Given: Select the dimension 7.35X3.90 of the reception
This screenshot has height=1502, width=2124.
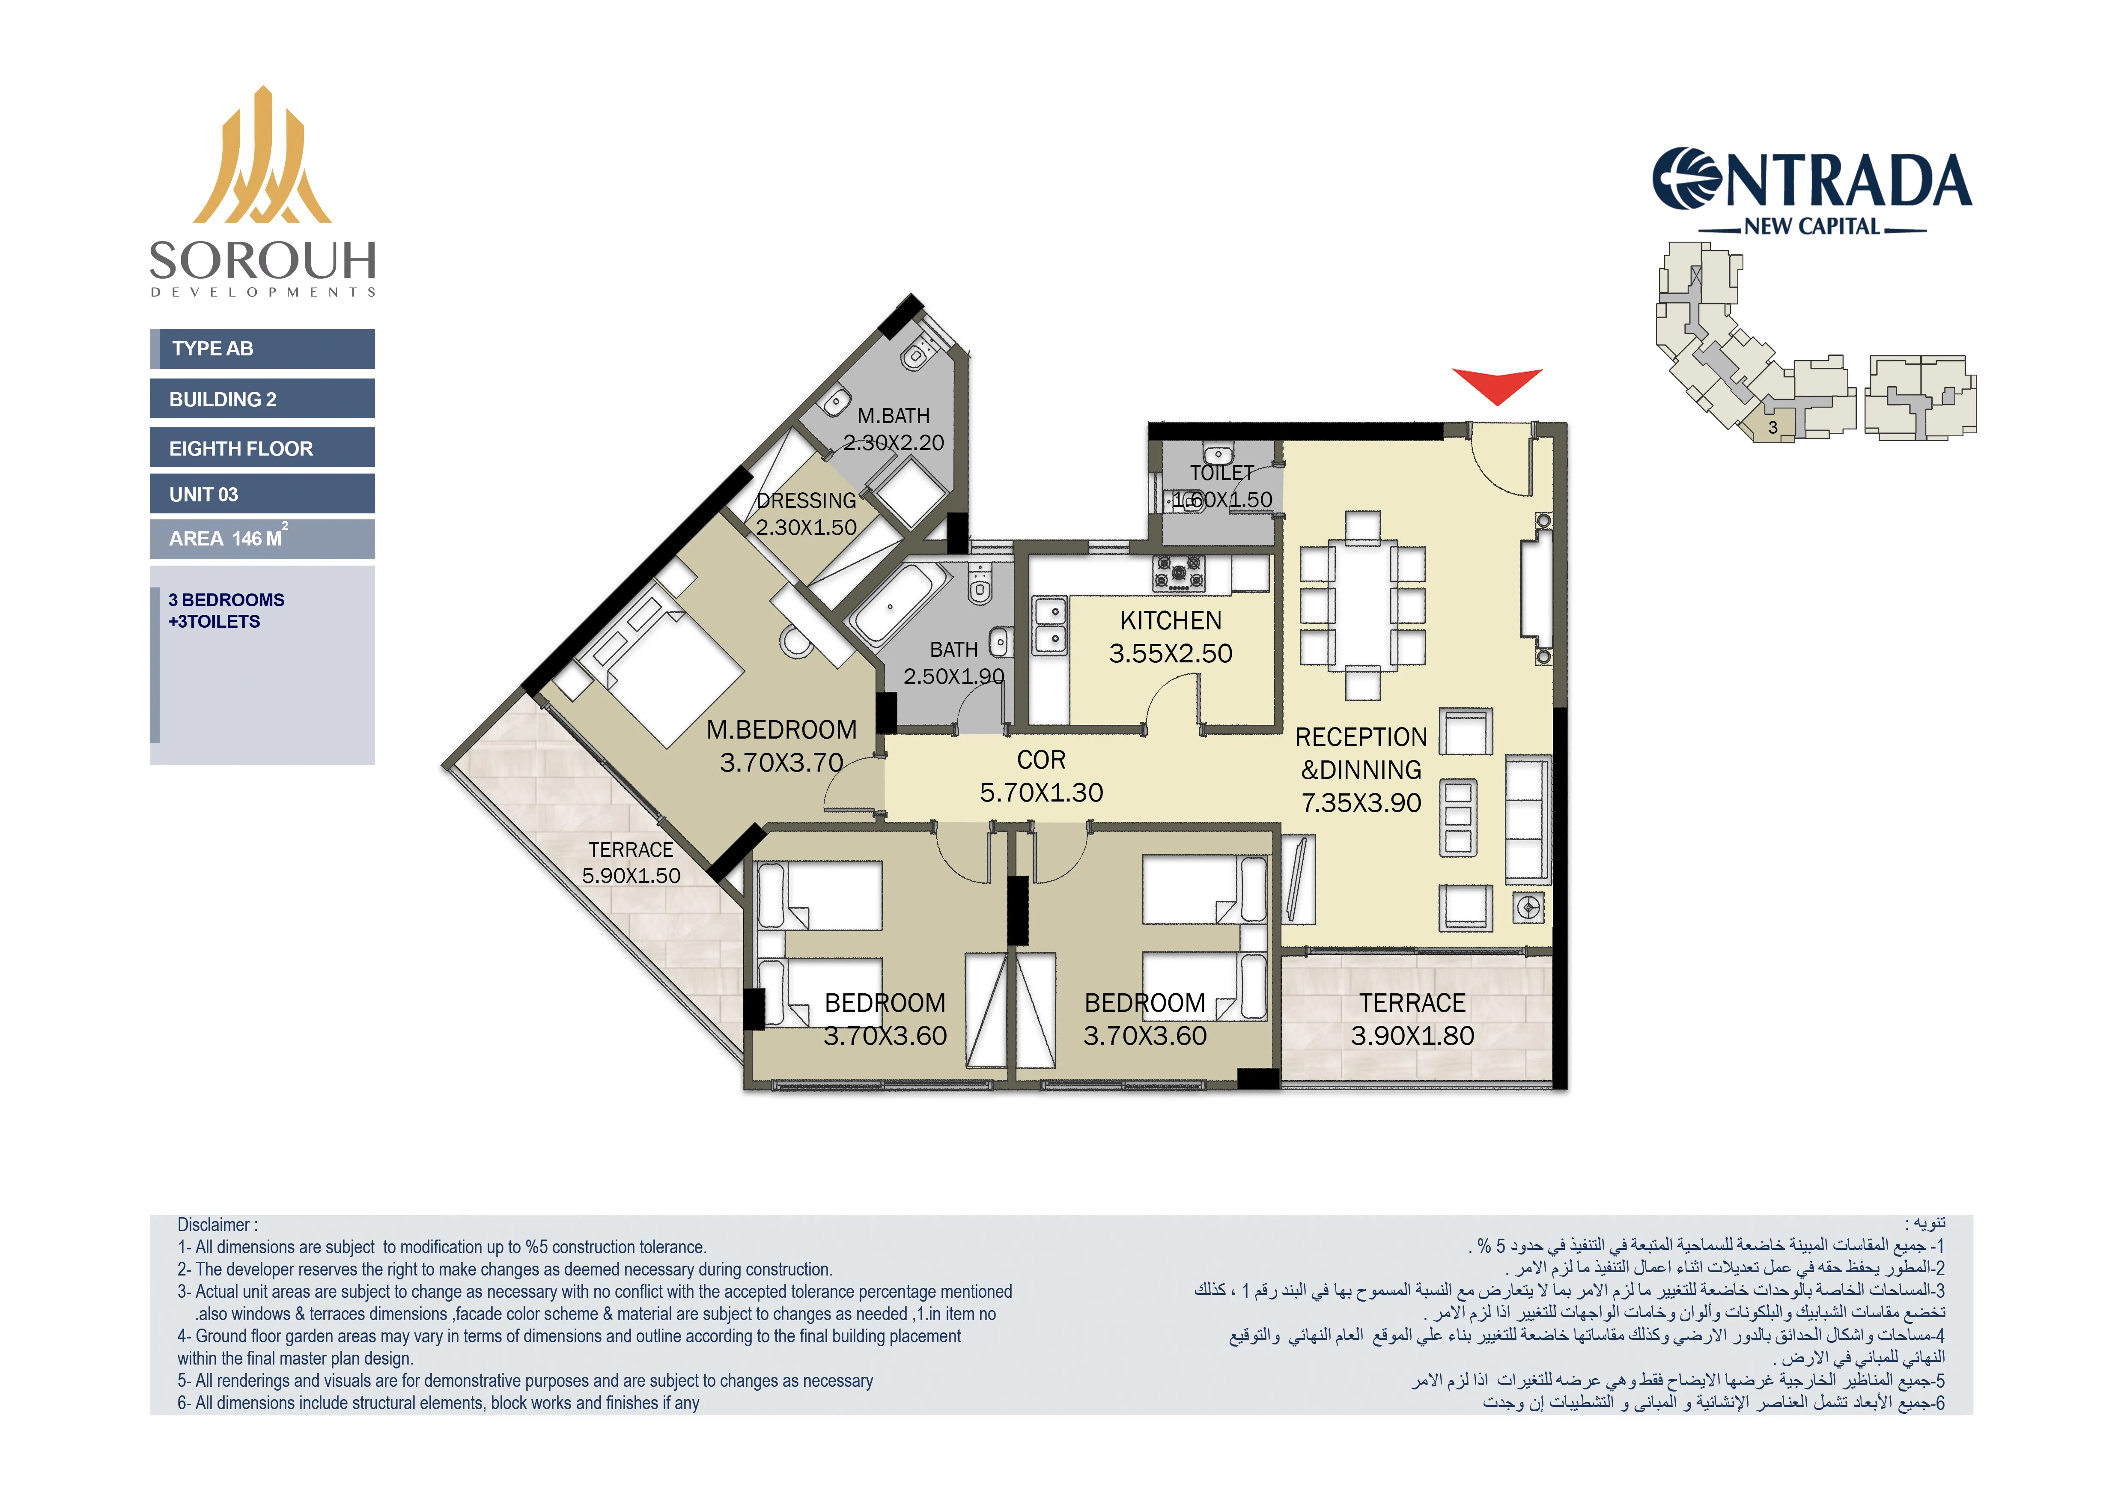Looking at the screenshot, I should (x=1361, y=803).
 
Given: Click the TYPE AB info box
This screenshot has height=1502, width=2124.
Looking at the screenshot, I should (x=263, y=349).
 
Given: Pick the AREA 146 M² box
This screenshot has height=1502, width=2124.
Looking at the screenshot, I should (x=263, y=538).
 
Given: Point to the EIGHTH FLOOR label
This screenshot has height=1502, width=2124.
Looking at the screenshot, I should (x=241, y=449).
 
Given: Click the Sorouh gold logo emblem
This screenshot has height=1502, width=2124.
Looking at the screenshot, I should (x=263, y=157).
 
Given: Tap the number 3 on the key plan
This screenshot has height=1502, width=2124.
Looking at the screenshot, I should (x=1772, y=427).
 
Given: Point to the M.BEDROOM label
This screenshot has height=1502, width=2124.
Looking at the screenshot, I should (x=782, y=730).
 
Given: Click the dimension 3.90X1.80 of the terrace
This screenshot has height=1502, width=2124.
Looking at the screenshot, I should (x=1412, y=1036).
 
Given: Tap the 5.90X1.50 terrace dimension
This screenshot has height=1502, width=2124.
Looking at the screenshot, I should (x=631, y=876).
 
